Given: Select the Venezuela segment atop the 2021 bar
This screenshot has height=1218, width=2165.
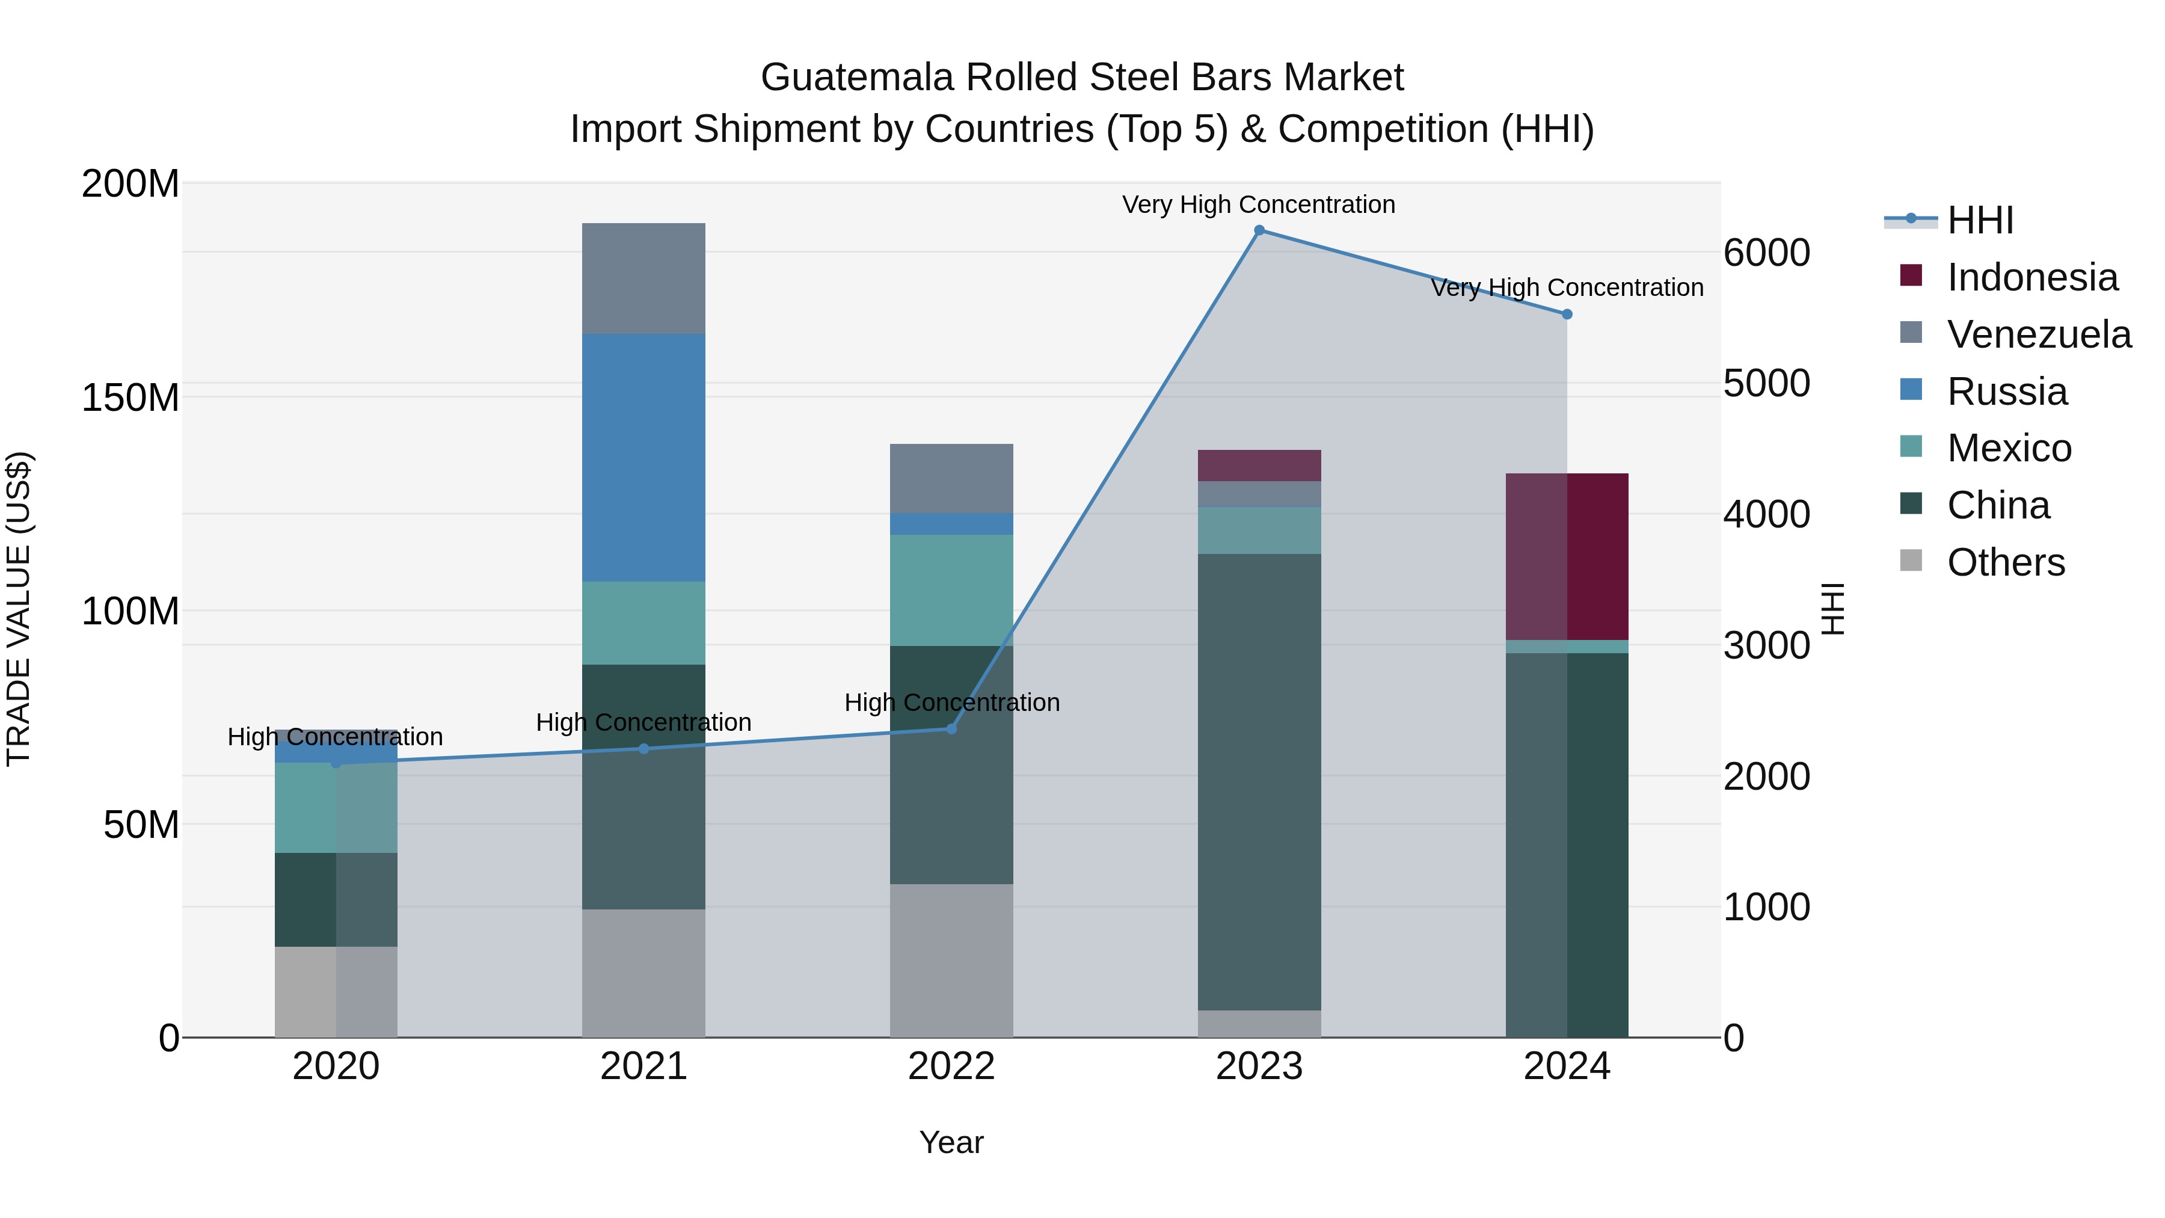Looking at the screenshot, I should (x=643, y=278).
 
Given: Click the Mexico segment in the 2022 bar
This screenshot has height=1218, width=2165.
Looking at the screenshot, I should (x=951, y=590).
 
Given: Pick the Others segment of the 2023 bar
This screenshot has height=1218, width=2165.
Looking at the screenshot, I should (x=1259, y=1023).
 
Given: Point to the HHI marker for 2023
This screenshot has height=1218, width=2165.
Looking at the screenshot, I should (x=1259, y=230).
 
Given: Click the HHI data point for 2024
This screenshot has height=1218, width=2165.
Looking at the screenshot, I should (x=1567, y=315).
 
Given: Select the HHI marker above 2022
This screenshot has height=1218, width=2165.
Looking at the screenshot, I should (x=951, y=729).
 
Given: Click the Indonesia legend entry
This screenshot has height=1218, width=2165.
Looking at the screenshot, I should (x=2031, y=277).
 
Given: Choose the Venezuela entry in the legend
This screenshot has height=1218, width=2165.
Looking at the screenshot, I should (x=2038, y=334).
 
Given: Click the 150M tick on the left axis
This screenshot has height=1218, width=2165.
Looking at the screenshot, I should (x=131, y=398).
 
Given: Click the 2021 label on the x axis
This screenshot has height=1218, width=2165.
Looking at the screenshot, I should (x=643, y=1066).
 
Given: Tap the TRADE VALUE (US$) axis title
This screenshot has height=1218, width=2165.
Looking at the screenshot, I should (x=19, y=609).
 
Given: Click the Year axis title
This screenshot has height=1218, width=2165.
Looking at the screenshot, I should (x=951, y=1142).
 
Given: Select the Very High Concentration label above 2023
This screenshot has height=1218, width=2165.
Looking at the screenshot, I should (x=1258, y=205).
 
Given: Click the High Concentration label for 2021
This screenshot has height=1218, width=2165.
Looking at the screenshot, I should (x=643, y=722).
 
